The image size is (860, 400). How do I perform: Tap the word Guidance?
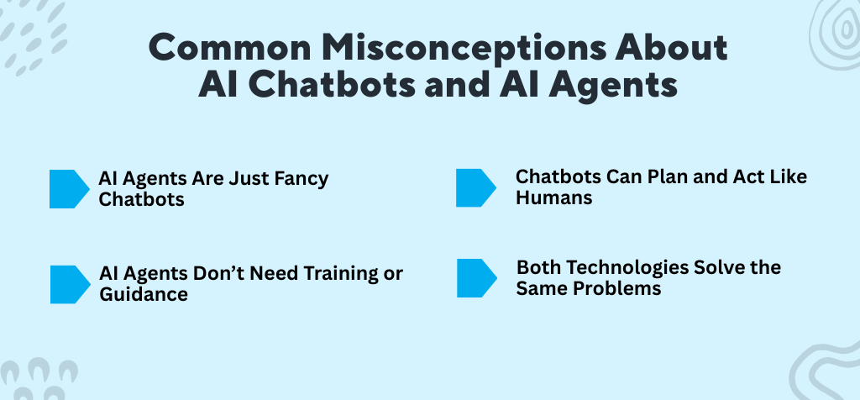tap(143, 294)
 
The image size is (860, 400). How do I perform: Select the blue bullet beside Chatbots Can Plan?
tap(475, 187)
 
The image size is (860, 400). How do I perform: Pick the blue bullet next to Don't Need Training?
tap(69, 284)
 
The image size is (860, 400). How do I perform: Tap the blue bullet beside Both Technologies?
tap(475, 278)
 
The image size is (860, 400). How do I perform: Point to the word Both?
tap(538, 268)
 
